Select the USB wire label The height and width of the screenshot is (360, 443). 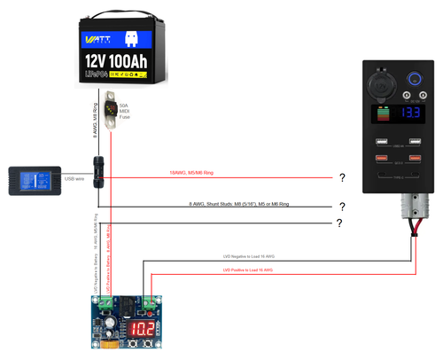[74, 178]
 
